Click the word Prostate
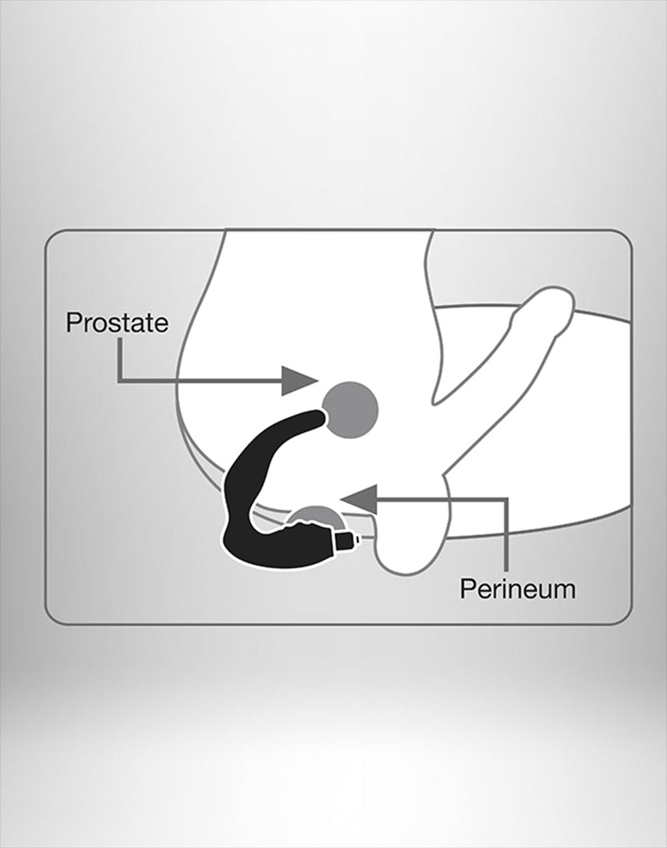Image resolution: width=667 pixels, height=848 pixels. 118,322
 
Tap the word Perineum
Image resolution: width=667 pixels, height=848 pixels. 518,588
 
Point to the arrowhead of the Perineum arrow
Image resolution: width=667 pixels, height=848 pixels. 358,499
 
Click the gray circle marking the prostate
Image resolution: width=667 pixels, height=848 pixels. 350,410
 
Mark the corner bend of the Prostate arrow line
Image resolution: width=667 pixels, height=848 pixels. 120,381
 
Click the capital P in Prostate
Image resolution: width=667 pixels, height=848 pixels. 73,322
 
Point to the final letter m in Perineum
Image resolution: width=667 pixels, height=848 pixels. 565,591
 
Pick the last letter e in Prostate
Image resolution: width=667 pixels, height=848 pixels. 161,325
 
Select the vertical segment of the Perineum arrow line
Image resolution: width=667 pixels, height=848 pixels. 506,535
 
